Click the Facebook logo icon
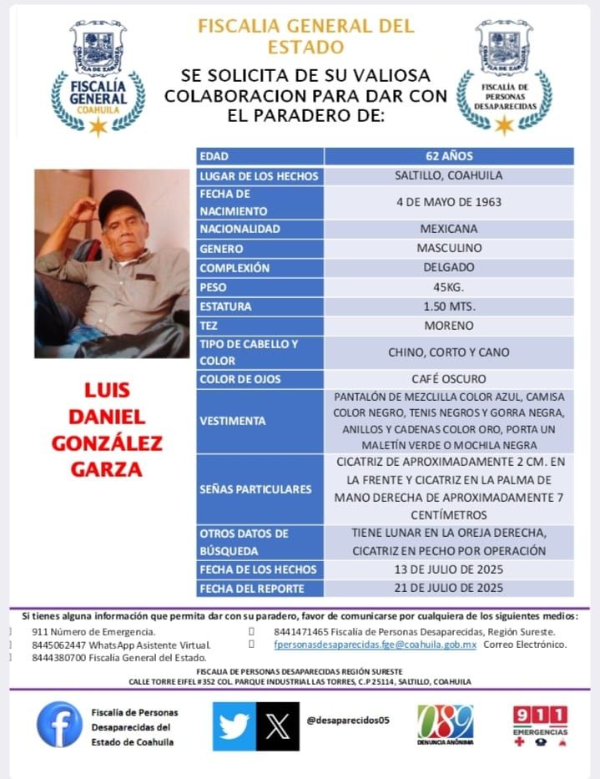pos(59,725)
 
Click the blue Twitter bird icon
pos(234,726)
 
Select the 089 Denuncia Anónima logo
pos(445,724)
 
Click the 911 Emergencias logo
pos(539,724)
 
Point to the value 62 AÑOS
pos(449,156)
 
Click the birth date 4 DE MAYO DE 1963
pos(449,202)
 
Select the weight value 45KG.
pos(449,287)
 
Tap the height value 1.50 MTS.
pos(449,306)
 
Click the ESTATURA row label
pos(225,306)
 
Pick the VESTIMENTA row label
pos(232,421)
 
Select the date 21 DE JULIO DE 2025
pos(449,588)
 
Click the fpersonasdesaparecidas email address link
pos(375,645)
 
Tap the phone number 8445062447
pos(60,645)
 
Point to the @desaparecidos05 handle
pos(349,720)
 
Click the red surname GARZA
pos(107,469)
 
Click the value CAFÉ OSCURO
pos(449,379)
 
